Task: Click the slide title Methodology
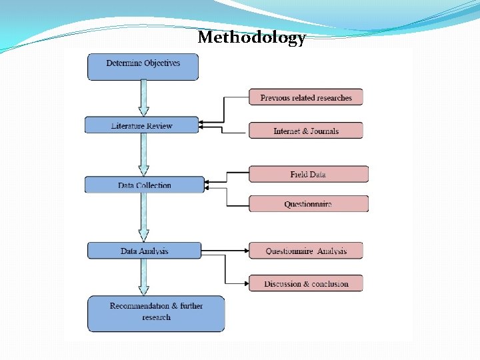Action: (x=251, y=37)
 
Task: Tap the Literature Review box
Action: (x=141, y=125)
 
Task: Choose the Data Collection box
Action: (x=144, y=185)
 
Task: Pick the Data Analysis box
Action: (x=144, y=251)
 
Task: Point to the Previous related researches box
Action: (x=306, y=97)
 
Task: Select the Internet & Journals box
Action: (x=306, y=131)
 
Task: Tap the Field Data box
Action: (x=308, y=174)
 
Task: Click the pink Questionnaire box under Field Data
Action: (x=308, y=204)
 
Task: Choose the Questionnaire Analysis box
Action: (x=306, y=251)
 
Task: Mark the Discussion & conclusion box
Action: (x=306, y=283)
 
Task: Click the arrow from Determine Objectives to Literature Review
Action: (x=143, y=98)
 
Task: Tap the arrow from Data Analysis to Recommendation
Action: (x=143, y=277)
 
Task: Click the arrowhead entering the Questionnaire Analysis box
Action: (x=245, y=251)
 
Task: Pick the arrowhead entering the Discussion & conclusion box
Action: (x=245, y=283)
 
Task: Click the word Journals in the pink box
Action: (x=324, y=131)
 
